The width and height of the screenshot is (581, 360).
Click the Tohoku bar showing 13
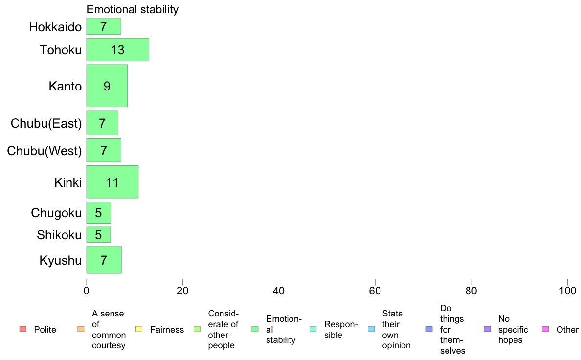[x=117, y=50]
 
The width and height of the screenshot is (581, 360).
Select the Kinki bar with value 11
[x=112, y=182]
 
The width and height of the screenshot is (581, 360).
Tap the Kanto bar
[x=107, y=86]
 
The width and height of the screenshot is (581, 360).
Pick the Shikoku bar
[x=99, y=235]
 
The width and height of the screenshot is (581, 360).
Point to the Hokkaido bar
[x=104, y=26]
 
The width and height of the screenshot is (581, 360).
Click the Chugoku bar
[x=99, y=213]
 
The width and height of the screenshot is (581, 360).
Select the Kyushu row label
[x=60, y=260]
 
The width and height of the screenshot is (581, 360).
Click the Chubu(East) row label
[x=46, y=123]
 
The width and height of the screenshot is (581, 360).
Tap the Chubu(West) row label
[x=44, y=151]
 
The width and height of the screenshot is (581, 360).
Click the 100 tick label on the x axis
[x=567, y=291]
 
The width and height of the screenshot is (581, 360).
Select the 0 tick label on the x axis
[x=87, y=291]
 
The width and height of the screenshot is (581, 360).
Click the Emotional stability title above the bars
[x=132, y=9]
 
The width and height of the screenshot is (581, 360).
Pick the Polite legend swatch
[x=23, y=329]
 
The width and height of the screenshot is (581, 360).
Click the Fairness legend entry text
[x=167, y=330]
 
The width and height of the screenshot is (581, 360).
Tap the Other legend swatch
[x=545, y=329]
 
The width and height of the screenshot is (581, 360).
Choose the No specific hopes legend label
[x=513, y=330]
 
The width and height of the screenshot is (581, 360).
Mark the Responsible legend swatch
[x=313, y=329]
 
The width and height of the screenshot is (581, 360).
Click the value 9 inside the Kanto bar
[x=107, y=86]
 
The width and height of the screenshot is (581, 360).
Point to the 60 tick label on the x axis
[x=375, y=291]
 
